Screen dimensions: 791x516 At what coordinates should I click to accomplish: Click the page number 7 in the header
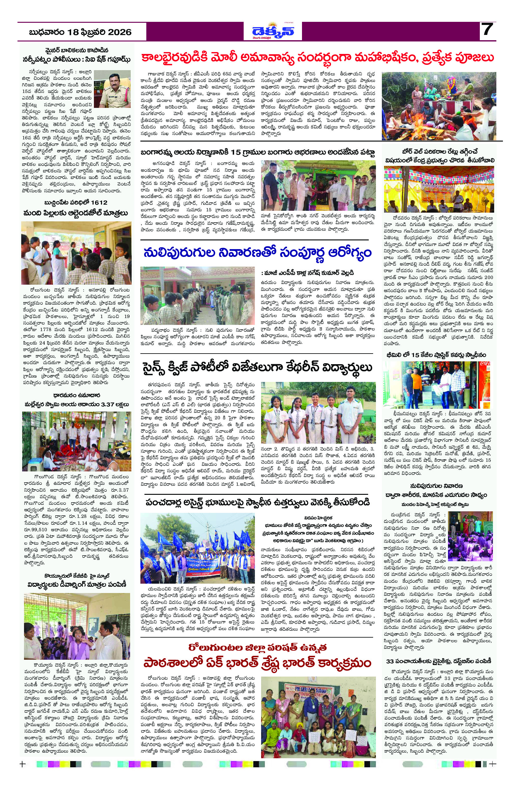tap(487, 31)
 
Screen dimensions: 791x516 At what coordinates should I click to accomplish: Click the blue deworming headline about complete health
tap(257, 253)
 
